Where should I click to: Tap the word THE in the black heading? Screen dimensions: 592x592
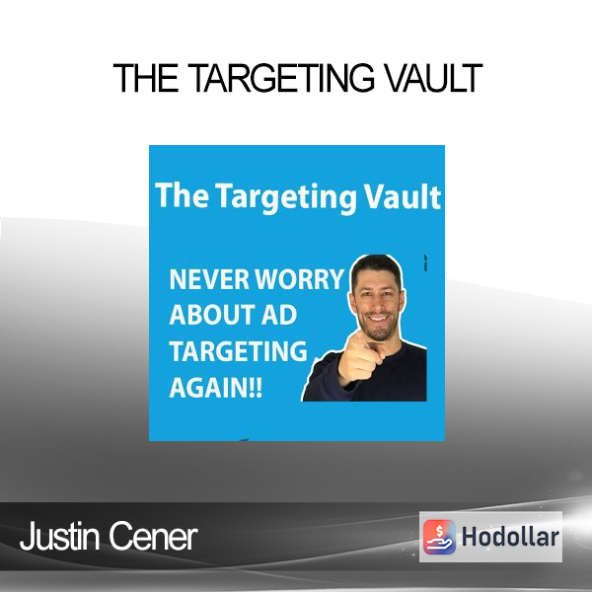[146, 78]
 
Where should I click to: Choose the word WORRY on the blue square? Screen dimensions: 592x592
[299, 279]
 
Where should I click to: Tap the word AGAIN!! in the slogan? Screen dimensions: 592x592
[215, 388]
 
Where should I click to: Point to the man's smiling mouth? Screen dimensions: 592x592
[379, 318]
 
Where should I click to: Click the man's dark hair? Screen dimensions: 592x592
[377, 268]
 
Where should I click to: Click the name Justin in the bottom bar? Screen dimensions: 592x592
[60, 537]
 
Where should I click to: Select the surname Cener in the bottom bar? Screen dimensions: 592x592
[154, 537]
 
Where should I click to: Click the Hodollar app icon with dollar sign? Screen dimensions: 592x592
[439, 537]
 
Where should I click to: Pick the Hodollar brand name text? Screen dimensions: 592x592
[510, 537]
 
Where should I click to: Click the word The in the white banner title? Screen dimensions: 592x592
[182, 195]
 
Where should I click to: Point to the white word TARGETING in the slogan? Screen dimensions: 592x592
[238, 351]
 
